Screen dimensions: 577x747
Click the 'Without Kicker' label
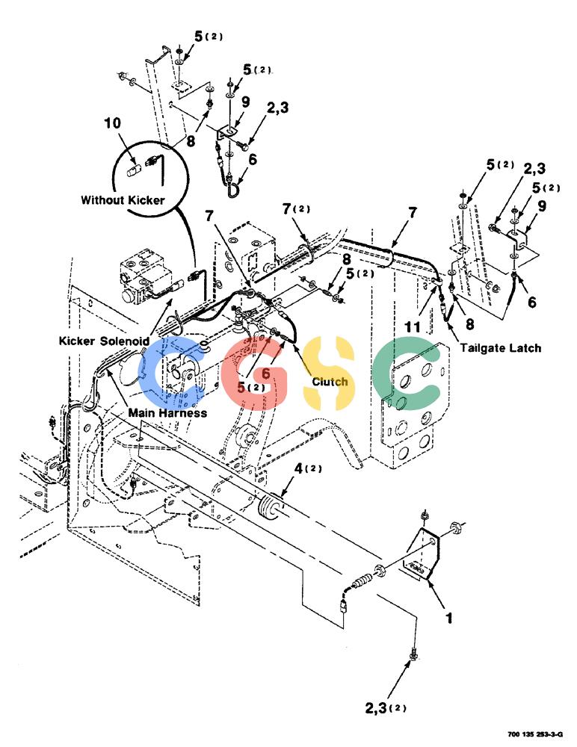point(123,200)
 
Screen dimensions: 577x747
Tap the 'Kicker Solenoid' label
point(104,341)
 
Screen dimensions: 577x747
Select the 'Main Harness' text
point(167,412)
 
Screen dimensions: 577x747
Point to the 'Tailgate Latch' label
point(501,348)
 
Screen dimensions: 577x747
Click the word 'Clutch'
point(330,382)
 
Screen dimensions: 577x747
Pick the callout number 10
point(113,123)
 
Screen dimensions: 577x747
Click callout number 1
point(448,619)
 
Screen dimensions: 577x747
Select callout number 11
point(413,327)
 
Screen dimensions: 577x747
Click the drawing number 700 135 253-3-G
point(535,734)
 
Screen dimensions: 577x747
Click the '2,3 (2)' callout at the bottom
point(386,708)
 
